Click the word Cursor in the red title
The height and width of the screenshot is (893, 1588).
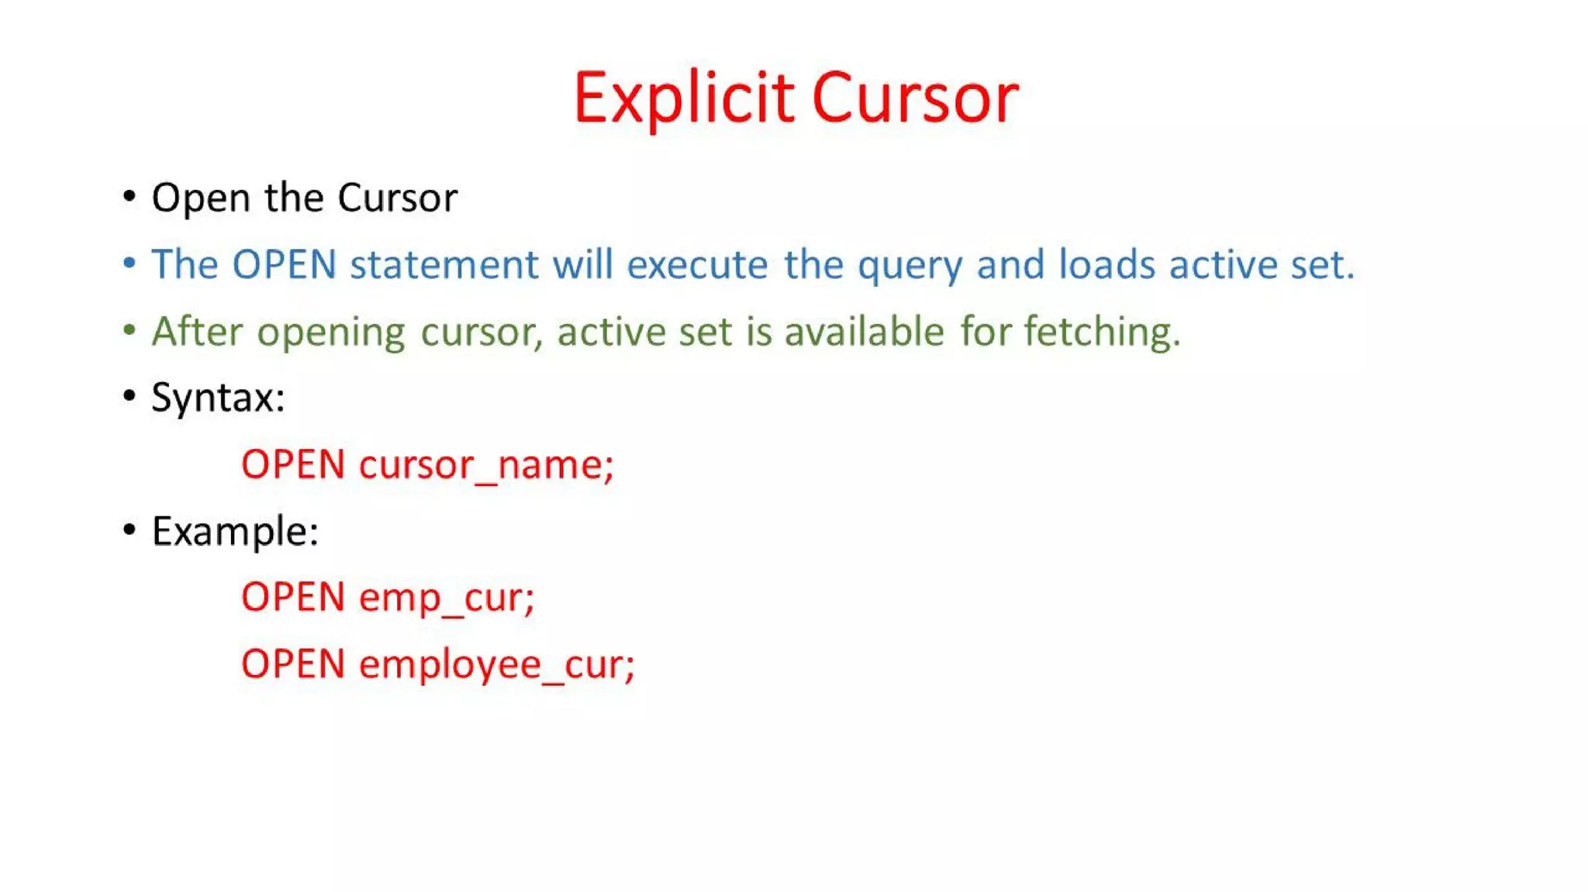[x=915, y=98]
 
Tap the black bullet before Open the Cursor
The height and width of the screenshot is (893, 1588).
[x=129, y=196]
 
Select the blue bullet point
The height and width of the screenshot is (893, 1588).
[x=129, y=263]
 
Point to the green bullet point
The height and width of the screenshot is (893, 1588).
[x=129, y=329]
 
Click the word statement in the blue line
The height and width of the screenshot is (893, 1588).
[x=444, y=264]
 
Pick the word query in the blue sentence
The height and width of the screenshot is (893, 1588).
[x=910, y=266]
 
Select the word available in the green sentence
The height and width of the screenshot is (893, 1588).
[x=864, y=331]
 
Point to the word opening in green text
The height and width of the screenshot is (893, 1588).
[x=330, y=333]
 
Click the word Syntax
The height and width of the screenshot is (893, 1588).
[x=217, y=398]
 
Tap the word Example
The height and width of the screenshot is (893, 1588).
[x=234, y=532]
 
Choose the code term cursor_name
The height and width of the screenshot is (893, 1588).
[x=486, y=465]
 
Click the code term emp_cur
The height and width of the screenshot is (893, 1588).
[x=447, y=598]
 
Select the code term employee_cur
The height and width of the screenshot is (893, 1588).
[x=496, y=665]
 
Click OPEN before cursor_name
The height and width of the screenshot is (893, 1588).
[x=293, y=465]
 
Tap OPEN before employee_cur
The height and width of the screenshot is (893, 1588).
[x=293, y=665]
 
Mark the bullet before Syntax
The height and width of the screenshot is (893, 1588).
[x=129, y=396]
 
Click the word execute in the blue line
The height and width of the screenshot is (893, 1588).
[x=697, y=264]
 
